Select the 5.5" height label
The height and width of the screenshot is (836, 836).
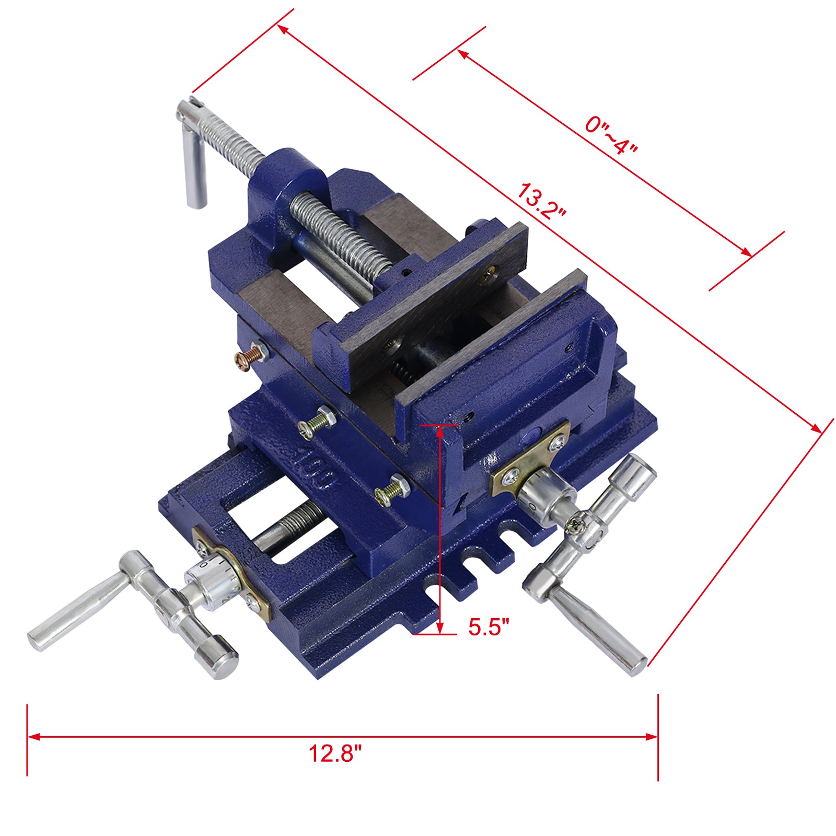click(488, 626)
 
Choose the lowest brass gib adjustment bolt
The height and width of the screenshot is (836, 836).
click(391, 490)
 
